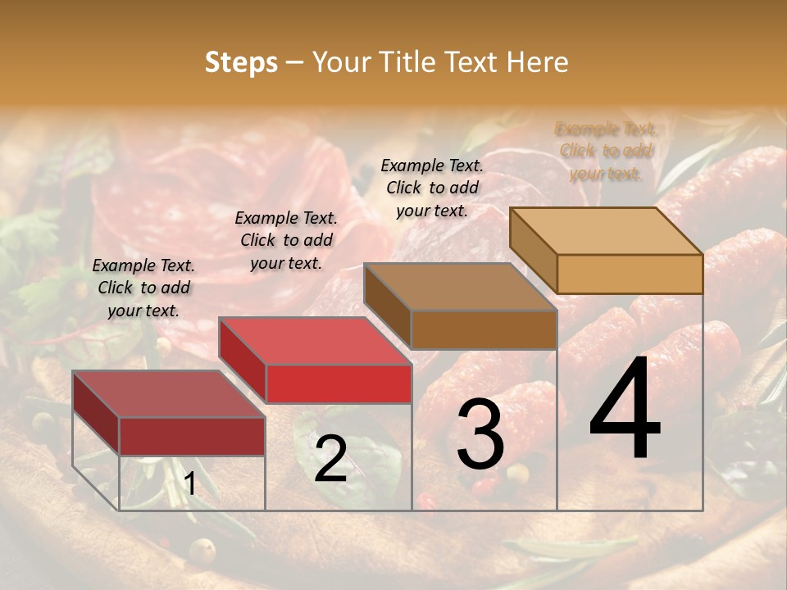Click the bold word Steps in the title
pos(241,62)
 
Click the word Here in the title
pos(539,62)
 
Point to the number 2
pos(330,459)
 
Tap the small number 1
pos(190,484)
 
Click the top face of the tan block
pos(605,231)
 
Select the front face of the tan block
pos(630,274)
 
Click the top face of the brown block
pos(459,287)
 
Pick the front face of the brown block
pos(484,329)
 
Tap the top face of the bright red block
pos(314,341)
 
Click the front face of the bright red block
pos(339,383)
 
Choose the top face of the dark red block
pos(168,394)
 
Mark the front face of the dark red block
pos(192,436)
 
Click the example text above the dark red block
pos(143,288)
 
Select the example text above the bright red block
pos(286,240)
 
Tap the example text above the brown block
pos(432,188)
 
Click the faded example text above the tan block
pos(606,151)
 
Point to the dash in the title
pos(294,63)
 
